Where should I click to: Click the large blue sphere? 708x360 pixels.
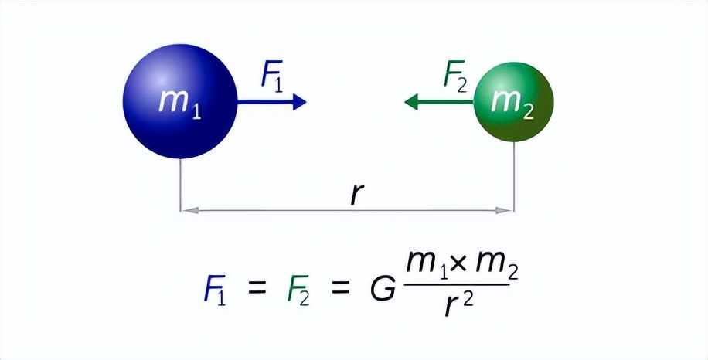(x=180, y=101)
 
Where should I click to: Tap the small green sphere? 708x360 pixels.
(x=514, y=102)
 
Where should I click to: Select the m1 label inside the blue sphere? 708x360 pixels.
(x=179, y=104)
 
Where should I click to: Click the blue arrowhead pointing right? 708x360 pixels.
(x=299, y=102)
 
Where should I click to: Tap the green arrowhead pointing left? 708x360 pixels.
(x=411, y=102)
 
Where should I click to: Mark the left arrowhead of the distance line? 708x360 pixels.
(x=189, y=210)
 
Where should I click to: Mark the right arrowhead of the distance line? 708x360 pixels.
(x=505, y=210)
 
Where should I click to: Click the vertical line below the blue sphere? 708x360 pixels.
(x=181, y=185)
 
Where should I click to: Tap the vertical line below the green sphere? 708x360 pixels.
(x=514, y=176)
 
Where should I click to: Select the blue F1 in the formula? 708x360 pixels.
(x=214, y=290)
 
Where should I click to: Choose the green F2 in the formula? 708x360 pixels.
(x=298, y=290)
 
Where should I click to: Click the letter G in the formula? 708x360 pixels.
(x=383, y=289)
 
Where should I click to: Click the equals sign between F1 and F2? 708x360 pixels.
(x=257, y=289)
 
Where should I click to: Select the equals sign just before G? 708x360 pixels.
(x=341, y=289)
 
